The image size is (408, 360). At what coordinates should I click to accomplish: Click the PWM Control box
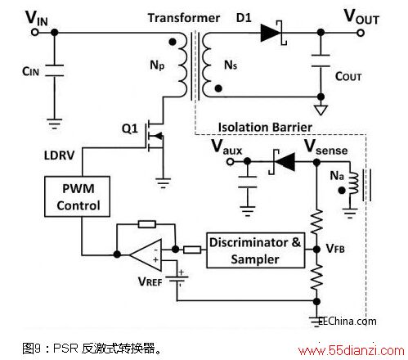[77, 196]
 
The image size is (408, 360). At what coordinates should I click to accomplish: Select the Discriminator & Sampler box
[255, 250]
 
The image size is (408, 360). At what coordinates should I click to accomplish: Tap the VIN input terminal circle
[35, 33]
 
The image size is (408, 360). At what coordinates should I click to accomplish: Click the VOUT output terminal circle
[361, 33]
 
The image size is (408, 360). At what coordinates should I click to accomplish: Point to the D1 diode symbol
[273, 33]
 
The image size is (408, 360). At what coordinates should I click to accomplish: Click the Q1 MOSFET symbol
[155, 136]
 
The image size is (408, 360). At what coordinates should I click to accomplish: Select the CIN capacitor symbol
[55, 70]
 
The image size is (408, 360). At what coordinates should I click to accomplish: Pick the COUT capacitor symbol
[321, 61]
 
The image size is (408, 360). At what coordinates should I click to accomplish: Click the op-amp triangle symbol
[146, 255]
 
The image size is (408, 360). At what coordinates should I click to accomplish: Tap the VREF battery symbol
[177, 280]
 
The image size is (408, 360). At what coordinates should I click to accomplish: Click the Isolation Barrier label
[265, 128]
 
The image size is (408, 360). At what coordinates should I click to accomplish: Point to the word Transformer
[184, 18]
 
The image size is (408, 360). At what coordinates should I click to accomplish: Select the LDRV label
[59, 155]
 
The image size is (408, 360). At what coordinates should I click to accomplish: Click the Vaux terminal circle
[231, 162]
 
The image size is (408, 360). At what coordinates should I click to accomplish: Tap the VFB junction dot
[316, 250]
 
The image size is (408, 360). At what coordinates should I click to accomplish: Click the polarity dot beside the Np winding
[173, 42]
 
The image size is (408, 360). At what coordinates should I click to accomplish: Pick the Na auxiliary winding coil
[353, 183]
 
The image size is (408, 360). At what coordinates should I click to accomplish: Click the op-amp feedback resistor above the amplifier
[147, 224]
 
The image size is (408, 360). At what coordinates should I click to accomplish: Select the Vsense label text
[326, 147]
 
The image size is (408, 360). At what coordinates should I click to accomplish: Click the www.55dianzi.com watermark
[352, 350]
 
